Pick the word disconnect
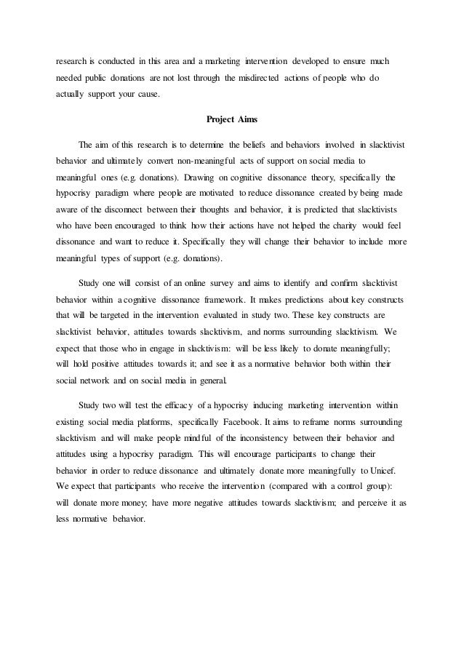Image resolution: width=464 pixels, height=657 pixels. point(147,213)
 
